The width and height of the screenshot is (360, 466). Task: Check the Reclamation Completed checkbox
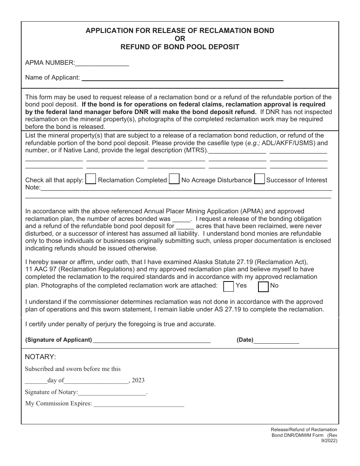point(91,179)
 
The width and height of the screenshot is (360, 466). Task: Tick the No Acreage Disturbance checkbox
point(174,179)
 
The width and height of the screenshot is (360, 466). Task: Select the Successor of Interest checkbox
point(260,179)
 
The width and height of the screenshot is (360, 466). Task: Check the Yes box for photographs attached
point(229,286)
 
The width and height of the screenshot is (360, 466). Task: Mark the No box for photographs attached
point(263,286)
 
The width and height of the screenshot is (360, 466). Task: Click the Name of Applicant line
point(182,78)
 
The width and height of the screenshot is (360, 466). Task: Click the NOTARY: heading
point(41,357)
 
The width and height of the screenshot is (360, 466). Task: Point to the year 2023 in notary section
point(138,380)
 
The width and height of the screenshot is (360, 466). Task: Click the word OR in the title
point(180,39)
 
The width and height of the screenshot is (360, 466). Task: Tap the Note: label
point(33,188)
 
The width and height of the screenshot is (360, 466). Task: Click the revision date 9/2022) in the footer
point(329,441)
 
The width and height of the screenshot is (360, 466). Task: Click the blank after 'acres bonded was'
point(181,219)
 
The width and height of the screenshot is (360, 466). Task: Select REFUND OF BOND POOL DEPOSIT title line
point(180,47)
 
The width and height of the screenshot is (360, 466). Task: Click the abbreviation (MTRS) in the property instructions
point(196,150)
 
